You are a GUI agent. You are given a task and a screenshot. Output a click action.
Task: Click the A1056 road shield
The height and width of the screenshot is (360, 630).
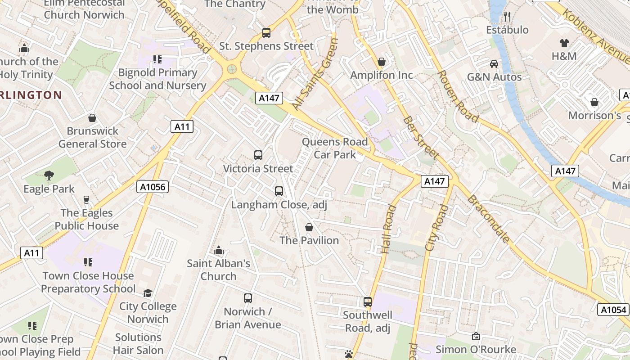pos(152,187)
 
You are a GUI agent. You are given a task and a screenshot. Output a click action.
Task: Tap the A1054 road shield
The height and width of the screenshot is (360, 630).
pos(613,310)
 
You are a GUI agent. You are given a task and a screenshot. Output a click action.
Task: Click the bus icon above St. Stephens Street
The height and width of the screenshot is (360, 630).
pos(266,33)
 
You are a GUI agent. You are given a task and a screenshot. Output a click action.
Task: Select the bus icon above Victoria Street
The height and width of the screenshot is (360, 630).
pos(258,155)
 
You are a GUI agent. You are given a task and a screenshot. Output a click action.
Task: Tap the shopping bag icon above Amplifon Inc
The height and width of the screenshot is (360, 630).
pos(382,62)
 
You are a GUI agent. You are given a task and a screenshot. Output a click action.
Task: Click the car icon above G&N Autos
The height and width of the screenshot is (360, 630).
pos(494,63)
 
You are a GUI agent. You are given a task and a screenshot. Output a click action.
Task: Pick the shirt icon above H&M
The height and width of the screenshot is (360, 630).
pos(564,43)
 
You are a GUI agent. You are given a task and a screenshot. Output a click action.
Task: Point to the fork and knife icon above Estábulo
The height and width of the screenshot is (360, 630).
pos(507,17)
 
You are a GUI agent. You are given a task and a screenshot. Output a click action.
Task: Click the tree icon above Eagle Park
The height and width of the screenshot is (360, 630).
pos(49,175)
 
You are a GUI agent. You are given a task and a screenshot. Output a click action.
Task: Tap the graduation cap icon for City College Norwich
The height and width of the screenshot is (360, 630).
pos(148,293)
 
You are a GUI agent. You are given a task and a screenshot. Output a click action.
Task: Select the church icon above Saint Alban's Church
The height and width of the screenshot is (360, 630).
pos(219,250)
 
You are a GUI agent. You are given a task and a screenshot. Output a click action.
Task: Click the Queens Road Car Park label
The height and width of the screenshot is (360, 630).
pos(335,148)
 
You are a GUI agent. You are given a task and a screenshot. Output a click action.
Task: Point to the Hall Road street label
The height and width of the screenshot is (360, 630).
pos(389,229)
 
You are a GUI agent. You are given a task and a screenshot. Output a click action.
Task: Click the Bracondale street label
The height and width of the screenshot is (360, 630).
pos(488,219)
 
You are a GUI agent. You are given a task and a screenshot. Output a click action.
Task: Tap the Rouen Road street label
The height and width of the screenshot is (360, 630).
pos(458,96)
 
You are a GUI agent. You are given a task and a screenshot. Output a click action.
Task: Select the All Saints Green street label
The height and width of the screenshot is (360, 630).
pos(315,74)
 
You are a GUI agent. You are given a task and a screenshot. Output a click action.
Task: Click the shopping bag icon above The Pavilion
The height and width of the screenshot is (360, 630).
pos(309,227)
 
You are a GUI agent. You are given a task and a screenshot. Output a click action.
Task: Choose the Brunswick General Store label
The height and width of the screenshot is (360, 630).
pos(92,138)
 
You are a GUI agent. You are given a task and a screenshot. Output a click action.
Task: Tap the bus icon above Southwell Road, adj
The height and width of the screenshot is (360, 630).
pos(368,302)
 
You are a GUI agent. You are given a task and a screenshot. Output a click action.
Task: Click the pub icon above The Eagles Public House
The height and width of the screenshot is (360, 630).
pos(86,200)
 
